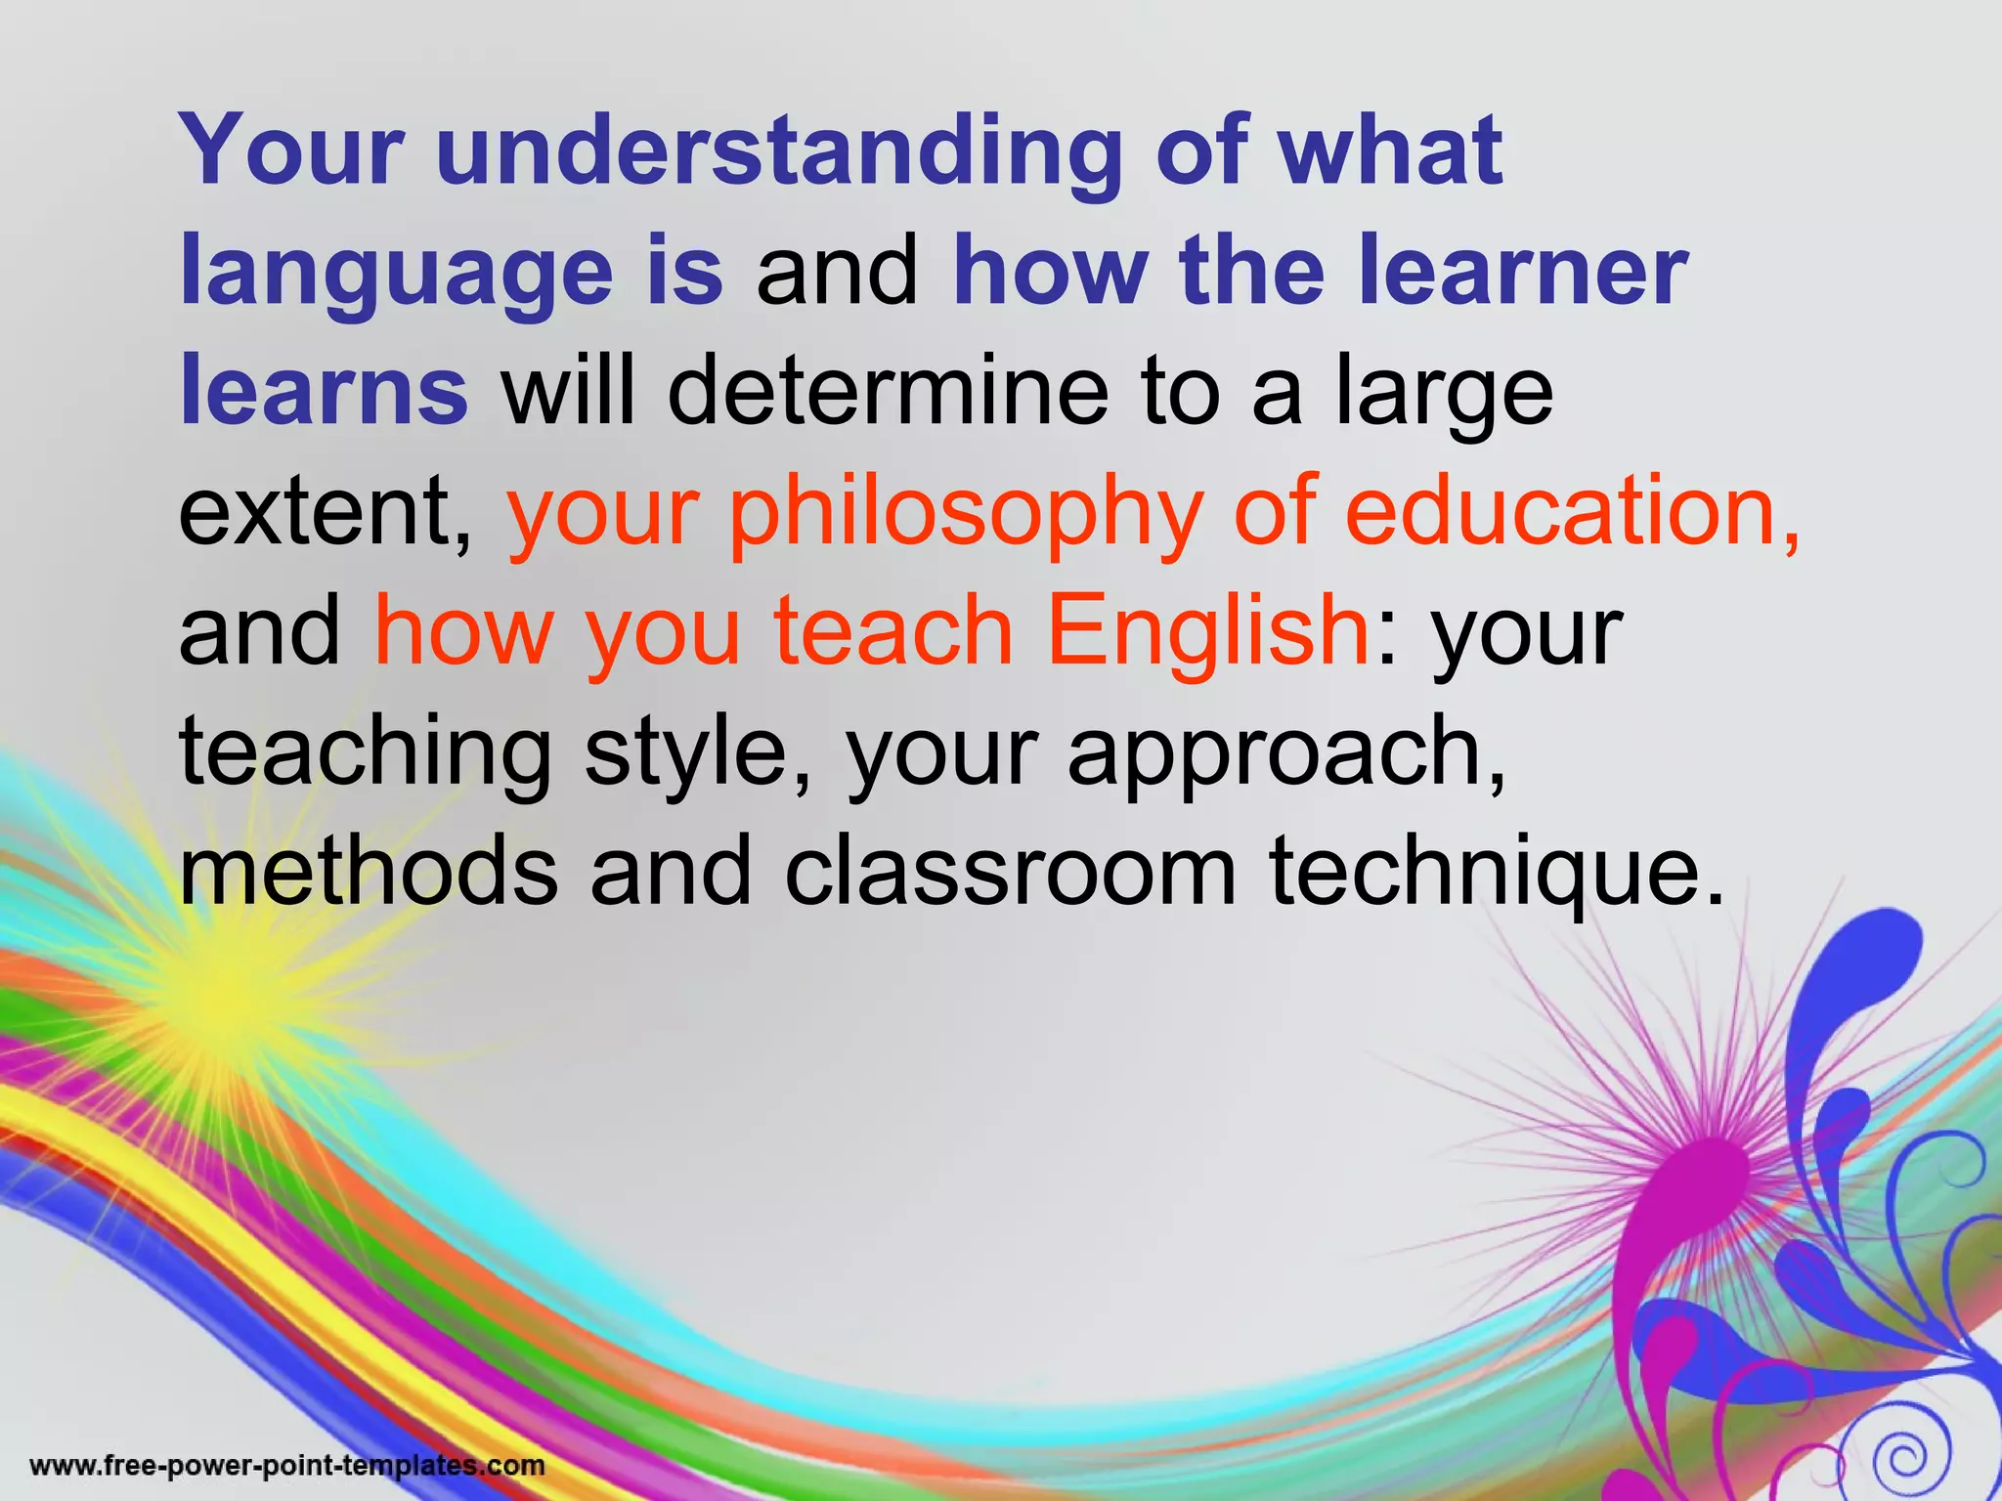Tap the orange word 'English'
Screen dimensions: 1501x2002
tap(1208, 630)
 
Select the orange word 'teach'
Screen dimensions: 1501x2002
tap(893, 630)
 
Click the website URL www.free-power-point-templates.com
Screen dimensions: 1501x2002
tap(287, 1466)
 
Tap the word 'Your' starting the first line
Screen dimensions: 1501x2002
tap(292, 151)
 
